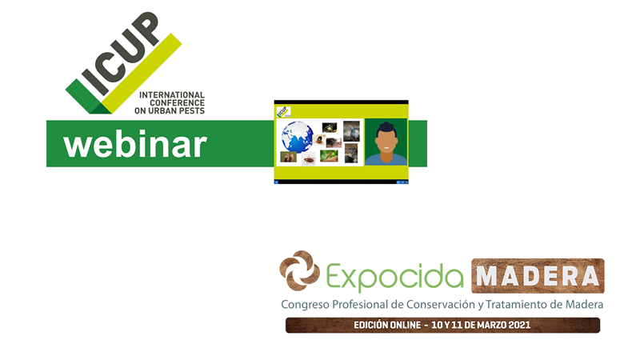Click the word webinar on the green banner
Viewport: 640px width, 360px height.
pyautogui.click(x=135, y=144)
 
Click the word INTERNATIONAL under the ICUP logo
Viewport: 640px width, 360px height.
pyautogui.click(x=172, y=95)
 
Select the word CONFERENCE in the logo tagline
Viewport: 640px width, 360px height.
pyautogui.click(x=177, y=103)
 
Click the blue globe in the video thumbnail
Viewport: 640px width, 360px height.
pyautogui.click(x=297, y=137)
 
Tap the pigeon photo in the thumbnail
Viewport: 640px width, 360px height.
pyautogui.click(x=351, y=131)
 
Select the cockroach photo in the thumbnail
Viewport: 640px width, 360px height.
pyautogui.click(x=309, y=158)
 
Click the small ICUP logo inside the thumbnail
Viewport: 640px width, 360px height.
pyautogui.click(x=283, y=111)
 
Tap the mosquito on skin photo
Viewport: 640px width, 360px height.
pyautogui.click(x=329, y=156)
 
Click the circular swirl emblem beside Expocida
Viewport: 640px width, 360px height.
pyautogui.click(x=299, y=270)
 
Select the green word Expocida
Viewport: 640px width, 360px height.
pyautogui.click(x=394, y=277)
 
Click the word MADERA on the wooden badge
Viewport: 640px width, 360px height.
pyautogui.click(x=538, y=276)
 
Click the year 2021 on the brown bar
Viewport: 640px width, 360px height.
pyautogui.click(x=519, y=325)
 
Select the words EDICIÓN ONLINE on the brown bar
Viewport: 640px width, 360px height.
pyautogui.click(x=387, y=325)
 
